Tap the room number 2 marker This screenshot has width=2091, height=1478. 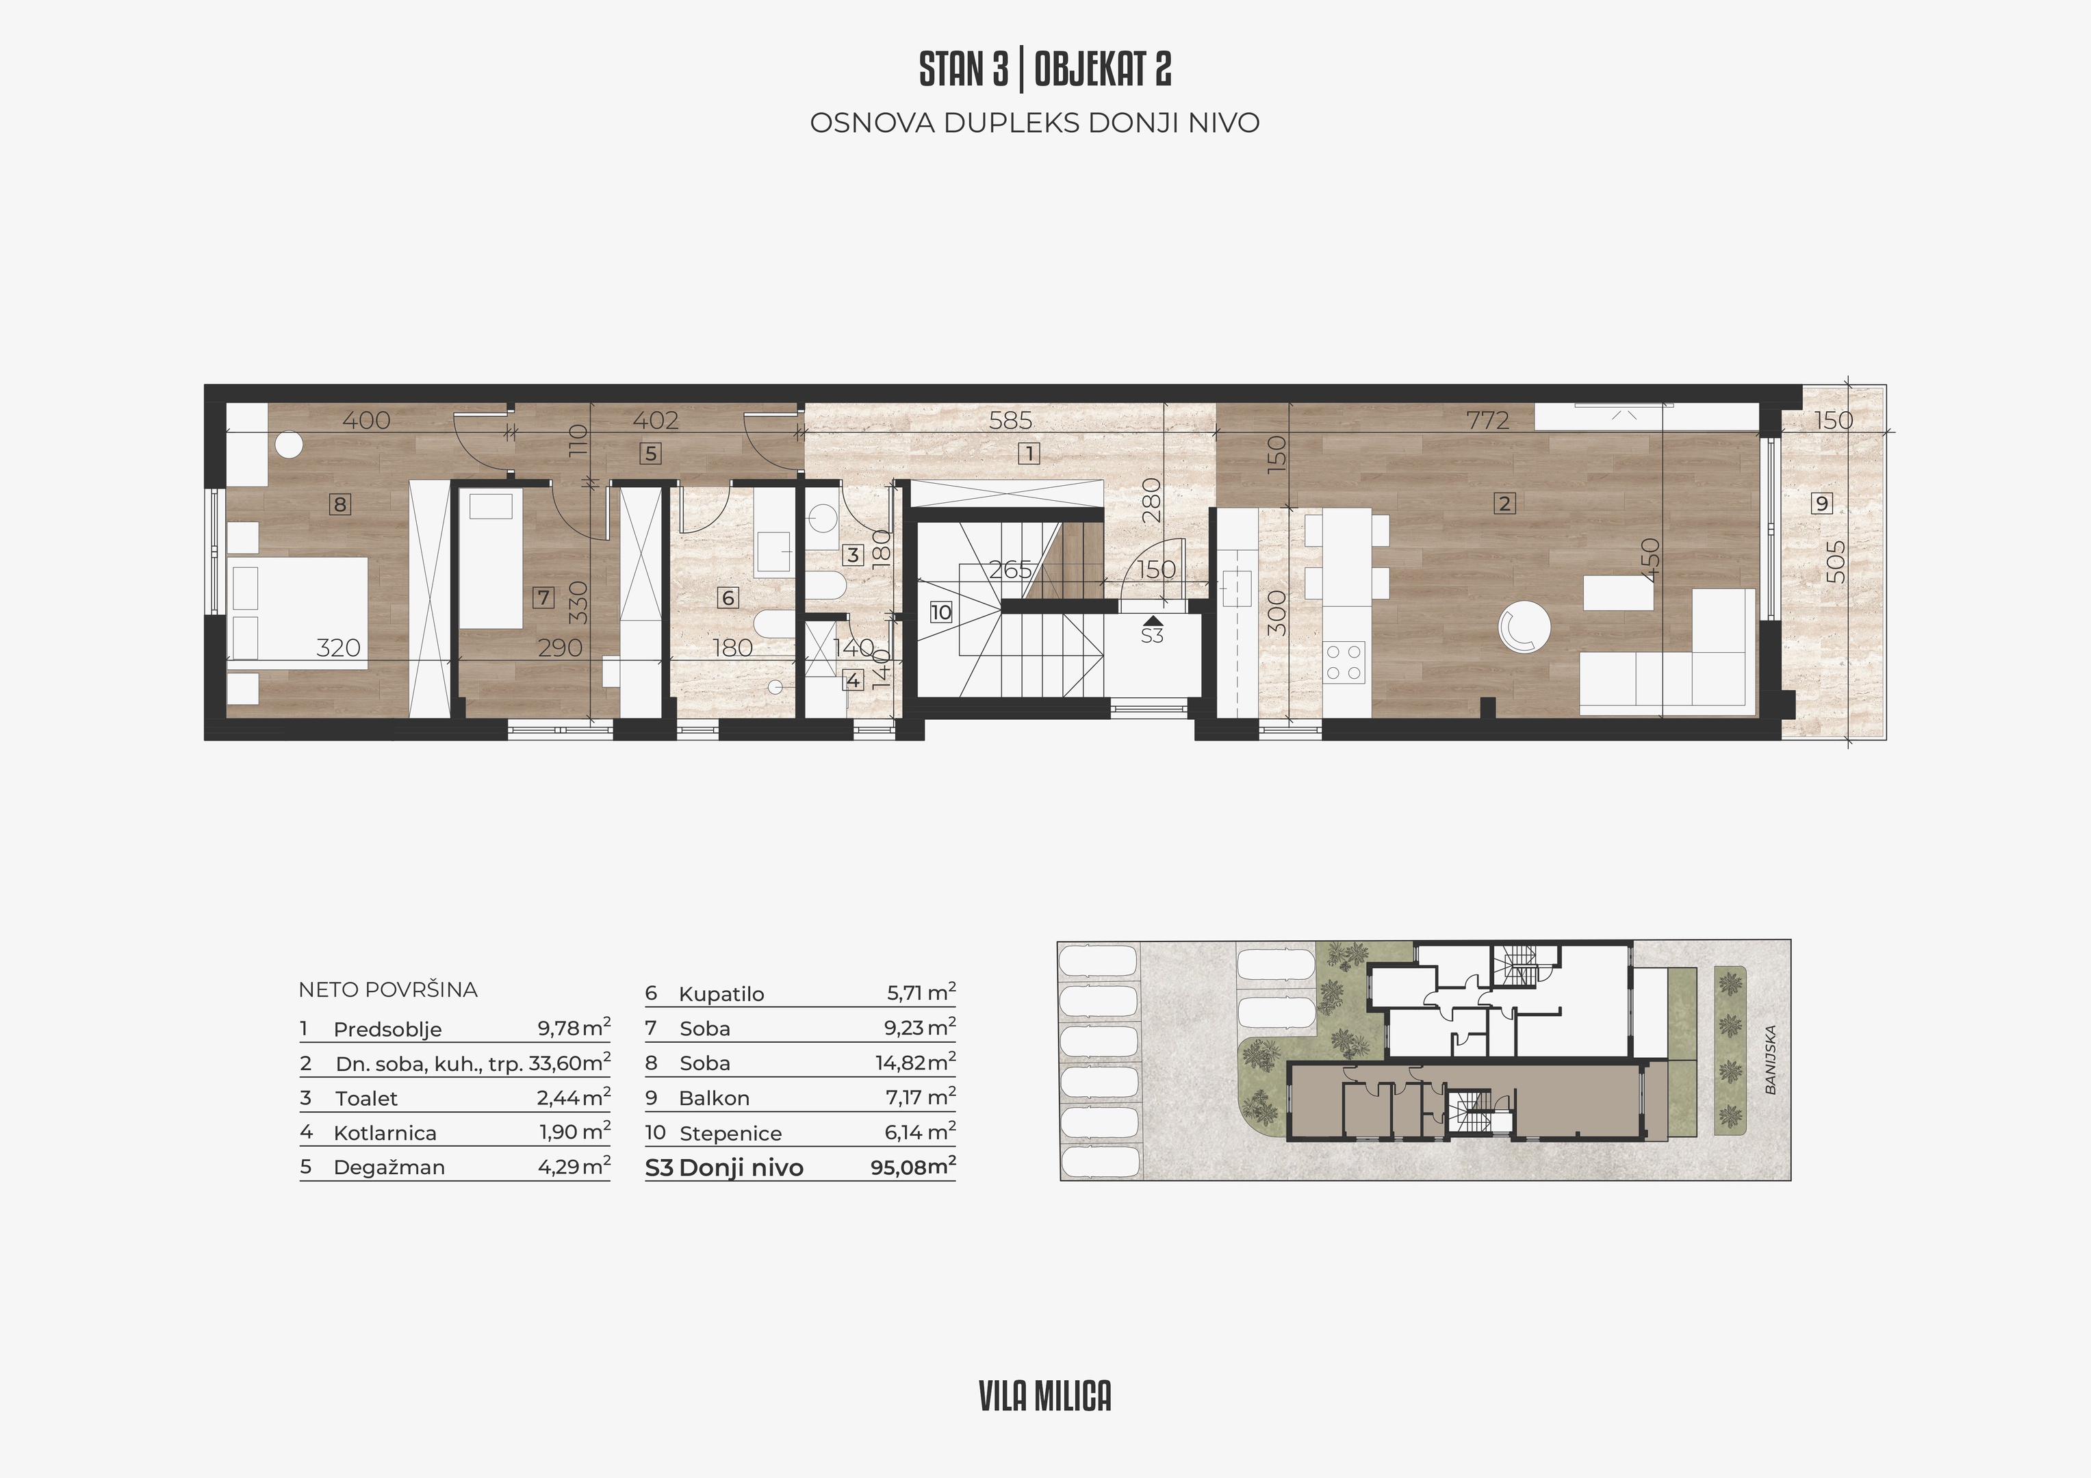(1504, 503)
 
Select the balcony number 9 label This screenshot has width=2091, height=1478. (1821, 503)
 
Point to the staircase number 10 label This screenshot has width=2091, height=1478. (940, 612)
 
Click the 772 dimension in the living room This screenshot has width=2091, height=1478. (1487, 420)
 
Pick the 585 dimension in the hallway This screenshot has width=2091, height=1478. (1011, 420)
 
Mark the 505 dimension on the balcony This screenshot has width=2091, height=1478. (1837, 562)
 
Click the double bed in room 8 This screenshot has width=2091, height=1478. (298, 613)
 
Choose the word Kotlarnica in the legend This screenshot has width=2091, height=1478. (385, 1133)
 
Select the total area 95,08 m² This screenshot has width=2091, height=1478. (912, 1167)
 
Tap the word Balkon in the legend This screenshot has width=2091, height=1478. (714, 1098)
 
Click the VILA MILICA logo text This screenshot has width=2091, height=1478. (1046, 1396)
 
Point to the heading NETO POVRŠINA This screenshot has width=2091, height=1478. (388, 990)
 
